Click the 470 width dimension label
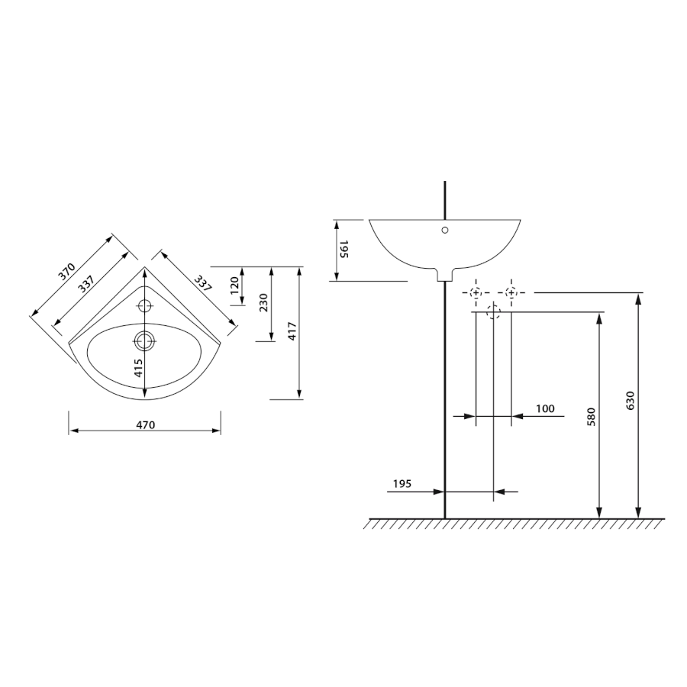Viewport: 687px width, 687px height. coord(146,424)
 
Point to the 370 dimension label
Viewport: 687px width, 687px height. coord(68,272)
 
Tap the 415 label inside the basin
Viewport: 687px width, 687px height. coord(138,368)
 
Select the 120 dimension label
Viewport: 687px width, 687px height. coord(234,285)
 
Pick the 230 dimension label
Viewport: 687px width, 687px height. coord(264,303)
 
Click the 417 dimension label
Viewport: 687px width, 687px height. coord(292,331)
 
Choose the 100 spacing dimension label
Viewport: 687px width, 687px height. coord(545,408)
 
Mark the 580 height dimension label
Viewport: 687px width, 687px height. coord(591,417)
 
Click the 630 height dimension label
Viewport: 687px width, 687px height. coord(631,401)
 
